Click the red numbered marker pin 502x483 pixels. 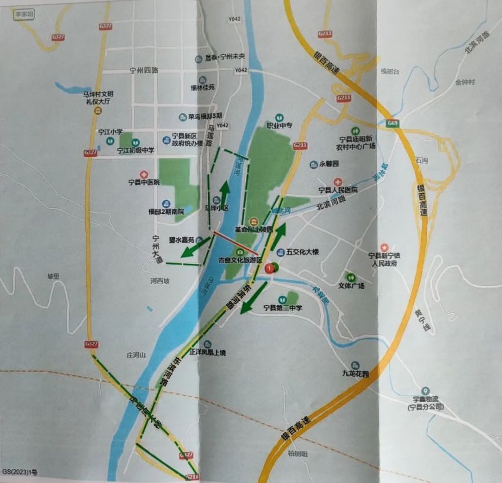click(272, 269)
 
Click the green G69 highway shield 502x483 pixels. click(393, 123)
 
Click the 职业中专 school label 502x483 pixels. click(279, 126)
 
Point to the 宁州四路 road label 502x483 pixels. click(143, 70)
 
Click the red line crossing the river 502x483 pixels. click(236, 244)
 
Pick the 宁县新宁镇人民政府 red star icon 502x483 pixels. click(385, 247)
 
